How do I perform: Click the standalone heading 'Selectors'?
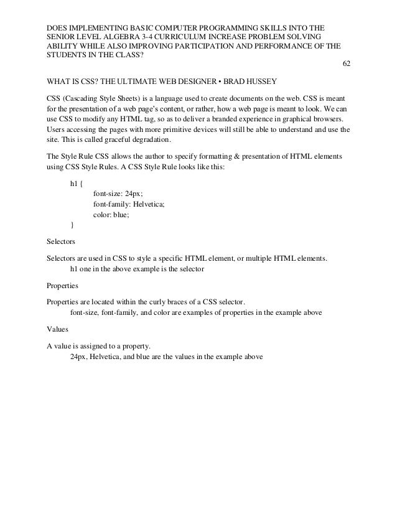61,240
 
